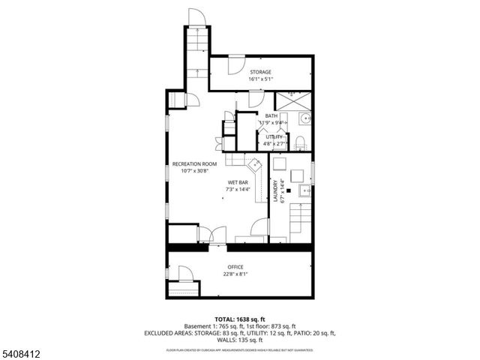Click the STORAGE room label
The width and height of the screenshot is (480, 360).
click(x=260, y=72)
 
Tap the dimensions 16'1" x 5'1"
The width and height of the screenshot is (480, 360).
click(x=260, y=79)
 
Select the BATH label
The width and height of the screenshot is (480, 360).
click(x=271, y=115)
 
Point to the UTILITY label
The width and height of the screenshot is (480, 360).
click(x=274, y=136)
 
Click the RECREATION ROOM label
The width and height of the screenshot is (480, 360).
click(x=194, y=163)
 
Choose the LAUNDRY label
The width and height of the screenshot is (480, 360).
click(x=277, y=192)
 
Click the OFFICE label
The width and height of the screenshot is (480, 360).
click(x=235, y=267)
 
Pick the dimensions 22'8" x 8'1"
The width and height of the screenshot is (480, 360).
click(x=235, y=274)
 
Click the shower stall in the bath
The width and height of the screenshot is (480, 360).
click(x=292, y=100)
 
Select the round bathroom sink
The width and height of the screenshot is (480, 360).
click(x=304, y=119)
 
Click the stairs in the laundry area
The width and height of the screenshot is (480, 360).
click(x=298, y=220)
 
